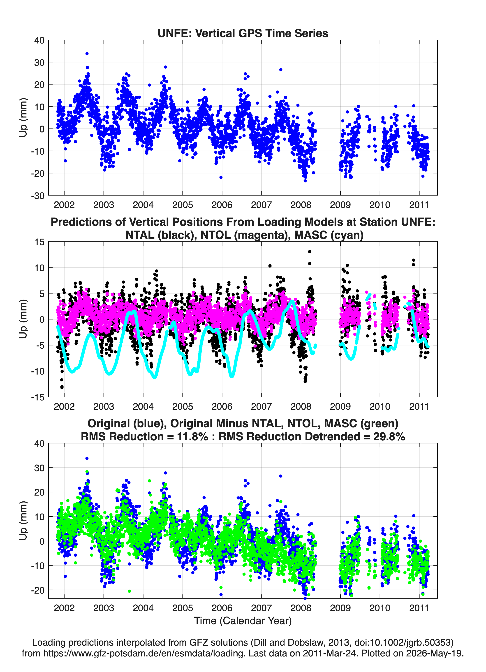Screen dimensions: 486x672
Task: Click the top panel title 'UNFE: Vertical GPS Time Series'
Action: point(243,33)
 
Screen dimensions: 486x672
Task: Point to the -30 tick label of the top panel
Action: point(38,196)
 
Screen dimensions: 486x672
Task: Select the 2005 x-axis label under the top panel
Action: point(183,205)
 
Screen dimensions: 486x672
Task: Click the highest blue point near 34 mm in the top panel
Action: point(87,54)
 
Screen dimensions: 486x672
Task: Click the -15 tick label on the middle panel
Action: point(38,397)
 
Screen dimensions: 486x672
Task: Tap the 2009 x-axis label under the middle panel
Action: point(340,406)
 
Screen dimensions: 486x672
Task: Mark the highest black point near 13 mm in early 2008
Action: point(310,251)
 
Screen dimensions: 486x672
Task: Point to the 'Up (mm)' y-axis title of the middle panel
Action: point(23,319)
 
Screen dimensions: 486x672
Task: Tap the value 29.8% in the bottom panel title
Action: point(389,437)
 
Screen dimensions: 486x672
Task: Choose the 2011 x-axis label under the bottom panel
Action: point(419,608)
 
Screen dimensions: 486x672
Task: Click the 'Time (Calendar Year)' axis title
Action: point(243,621)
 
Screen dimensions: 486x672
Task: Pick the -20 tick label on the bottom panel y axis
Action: point(38,590)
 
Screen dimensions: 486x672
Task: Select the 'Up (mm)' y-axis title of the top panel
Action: point(23,118)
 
